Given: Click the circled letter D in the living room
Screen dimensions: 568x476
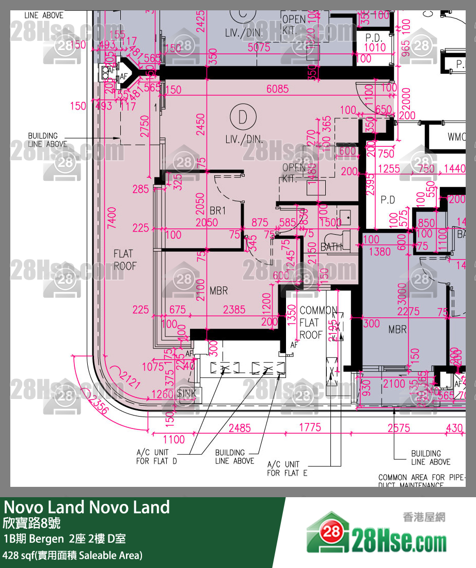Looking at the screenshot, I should [243, 118].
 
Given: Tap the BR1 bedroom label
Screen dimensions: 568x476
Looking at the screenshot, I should [218, 210].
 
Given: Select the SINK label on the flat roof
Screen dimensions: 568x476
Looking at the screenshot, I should [186, 393].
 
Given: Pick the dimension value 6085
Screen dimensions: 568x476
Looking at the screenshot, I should [277, 89].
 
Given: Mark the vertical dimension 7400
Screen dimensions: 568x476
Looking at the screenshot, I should [112, 218].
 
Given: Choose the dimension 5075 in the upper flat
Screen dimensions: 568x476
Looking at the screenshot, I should [258, 48].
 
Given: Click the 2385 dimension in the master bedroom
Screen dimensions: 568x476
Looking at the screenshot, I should [234, 310].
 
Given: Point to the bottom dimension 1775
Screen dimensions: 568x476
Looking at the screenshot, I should [309, 427].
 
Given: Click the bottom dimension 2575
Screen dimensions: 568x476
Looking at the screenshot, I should [399, 428].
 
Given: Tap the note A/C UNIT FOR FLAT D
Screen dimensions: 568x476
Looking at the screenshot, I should [156, 456].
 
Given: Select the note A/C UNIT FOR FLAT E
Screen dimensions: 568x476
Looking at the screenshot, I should [287, 468].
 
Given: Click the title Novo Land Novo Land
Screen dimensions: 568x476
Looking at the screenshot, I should [87, 507].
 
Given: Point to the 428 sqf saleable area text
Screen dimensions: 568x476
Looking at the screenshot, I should [72, 556].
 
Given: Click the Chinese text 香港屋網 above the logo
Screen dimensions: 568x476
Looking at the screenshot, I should [423, 517].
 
